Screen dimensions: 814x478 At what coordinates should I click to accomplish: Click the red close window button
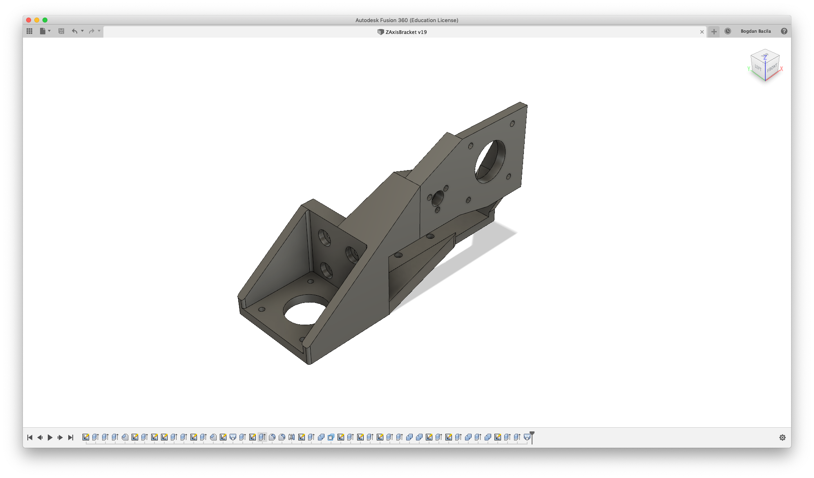pos(29,20)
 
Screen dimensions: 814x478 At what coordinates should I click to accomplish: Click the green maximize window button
pos(45,20)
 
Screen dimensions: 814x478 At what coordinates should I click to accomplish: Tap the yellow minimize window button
pos(37,20)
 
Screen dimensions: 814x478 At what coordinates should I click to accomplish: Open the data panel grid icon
pos(29,31)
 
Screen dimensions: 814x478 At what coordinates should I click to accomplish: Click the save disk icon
pos(61,31)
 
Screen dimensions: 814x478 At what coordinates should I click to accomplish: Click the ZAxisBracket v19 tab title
pos(406,32)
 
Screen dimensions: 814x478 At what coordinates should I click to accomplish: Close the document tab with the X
pos(702,32)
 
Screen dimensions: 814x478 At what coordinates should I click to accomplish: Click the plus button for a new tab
pos(714,31)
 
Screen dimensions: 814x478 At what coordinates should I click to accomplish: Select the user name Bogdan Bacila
pos(756,31)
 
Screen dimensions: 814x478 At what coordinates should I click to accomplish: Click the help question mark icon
pos(784,31)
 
